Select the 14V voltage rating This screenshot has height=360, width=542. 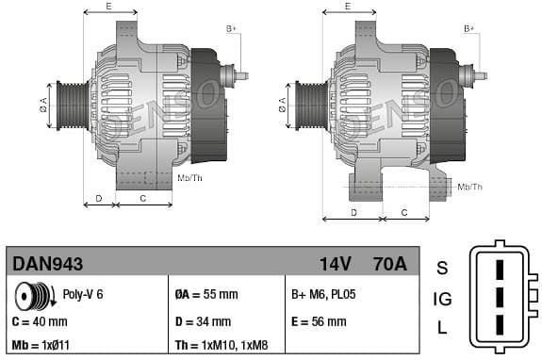point(336,264)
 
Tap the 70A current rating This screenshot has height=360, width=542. point(389,264)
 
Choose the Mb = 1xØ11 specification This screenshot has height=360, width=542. point(45,345)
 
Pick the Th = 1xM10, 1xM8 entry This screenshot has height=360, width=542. point(227,345)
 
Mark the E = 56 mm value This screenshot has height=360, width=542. point(319,321)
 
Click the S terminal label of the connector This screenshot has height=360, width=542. point(441,268)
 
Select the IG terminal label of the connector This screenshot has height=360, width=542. point(441,300)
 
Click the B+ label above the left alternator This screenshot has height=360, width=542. point(231,29)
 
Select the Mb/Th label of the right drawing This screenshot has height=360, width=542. point(468,187)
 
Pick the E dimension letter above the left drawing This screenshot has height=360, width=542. point(109,7)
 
